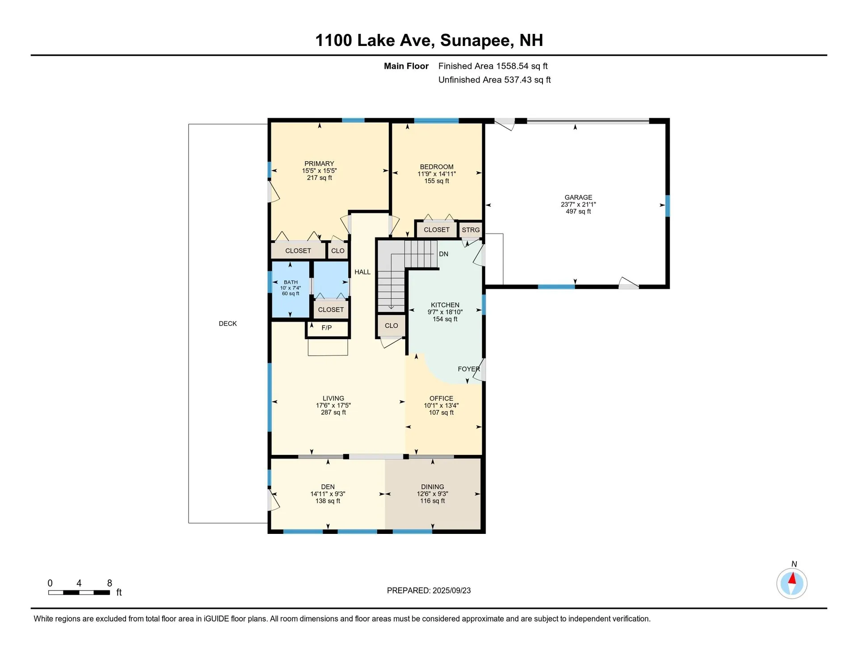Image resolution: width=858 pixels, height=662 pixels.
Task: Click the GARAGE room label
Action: coord(578,197)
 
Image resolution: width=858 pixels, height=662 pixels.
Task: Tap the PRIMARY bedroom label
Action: coord(319,164)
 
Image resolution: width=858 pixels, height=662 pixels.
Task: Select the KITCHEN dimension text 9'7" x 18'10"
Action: coord(445,312)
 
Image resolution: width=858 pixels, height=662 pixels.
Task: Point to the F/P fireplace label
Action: coord(327,328)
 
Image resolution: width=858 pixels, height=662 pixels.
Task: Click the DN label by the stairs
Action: coord(443,254)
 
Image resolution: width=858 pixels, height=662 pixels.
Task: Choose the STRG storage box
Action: coord(471,230)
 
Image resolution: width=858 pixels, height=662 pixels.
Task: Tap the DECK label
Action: coord(227,324)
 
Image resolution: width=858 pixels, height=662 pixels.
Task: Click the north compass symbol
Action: coord(791,583)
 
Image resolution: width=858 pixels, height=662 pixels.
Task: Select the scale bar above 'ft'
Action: coord(79,592)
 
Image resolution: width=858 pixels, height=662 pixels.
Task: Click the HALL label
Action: coord(362,272)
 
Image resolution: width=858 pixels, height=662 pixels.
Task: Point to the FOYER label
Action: coord(469,369)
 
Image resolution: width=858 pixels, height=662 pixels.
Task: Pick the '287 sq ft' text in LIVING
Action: coord(333,412)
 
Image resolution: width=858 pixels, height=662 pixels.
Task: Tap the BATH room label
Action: coord(290,282)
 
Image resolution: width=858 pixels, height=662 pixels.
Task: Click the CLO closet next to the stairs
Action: coord(391,325)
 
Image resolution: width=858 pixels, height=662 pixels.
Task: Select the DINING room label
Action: coord(432,487)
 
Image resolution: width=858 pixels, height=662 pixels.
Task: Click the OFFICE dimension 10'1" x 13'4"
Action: coord(441,406)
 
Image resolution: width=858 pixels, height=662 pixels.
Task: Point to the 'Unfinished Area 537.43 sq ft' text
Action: coord(494,80)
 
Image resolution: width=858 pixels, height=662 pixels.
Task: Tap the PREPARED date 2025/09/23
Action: coord(451,591)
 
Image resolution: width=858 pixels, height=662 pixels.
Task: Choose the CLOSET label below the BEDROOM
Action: coord(436,230)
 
